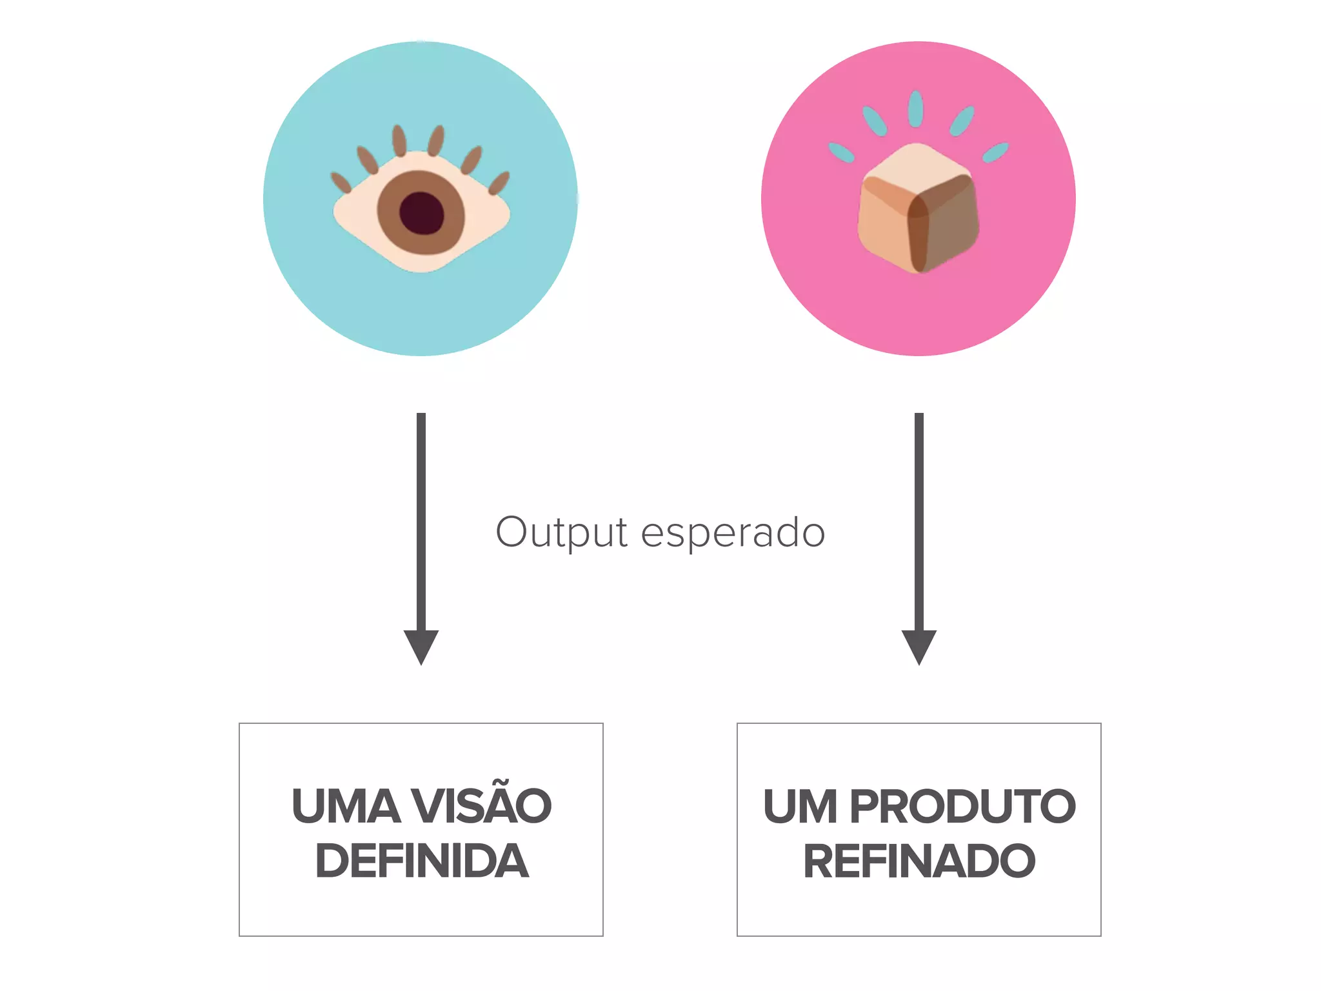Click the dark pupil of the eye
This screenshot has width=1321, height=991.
click(422, 214)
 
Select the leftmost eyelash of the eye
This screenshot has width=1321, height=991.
click(341, 183)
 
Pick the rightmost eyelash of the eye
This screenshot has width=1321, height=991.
click(499, 183)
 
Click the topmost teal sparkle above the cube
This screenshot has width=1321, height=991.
click(915, 108)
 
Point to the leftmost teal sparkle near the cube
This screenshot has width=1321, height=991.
click(841, 152)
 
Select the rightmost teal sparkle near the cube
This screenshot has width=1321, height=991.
click(995, 153)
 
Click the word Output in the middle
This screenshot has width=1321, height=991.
click(561, 533)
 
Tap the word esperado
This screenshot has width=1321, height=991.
click(733, 533)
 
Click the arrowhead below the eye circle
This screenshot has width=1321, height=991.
click(421, 646)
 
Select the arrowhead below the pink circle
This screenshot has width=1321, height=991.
click(919, 646)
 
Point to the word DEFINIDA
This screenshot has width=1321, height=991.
click(422, 861)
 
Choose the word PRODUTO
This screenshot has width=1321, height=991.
click(962, 806)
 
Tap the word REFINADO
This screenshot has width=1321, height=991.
click(919, 861)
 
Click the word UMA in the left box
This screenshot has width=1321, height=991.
click(346, 806)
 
